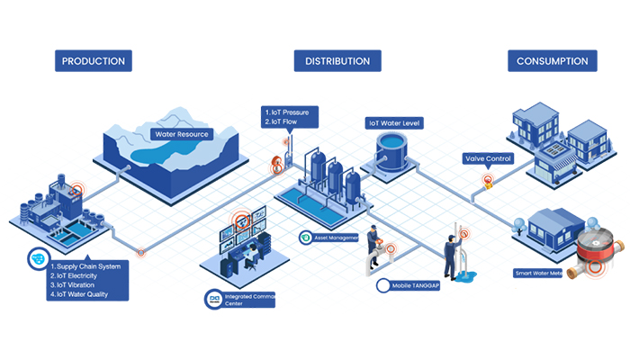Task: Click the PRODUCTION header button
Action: (93, 61)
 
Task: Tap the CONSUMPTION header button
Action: (553, 61)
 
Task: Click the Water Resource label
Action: (182, 134)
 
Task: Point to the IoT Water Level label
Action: (394, 122)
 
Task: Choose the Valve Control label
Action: (488, 158)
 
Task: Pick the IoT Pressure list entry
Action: (290, 112)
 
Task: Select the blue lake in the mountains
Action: (162, 155)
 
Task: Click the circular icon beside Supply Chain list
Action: (38, 257)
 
